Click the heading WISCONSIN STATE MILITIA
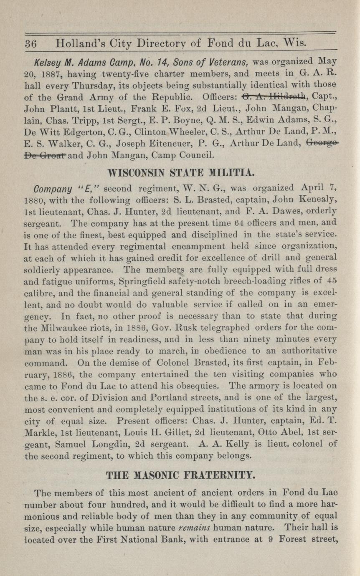[x=180, y=172]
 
